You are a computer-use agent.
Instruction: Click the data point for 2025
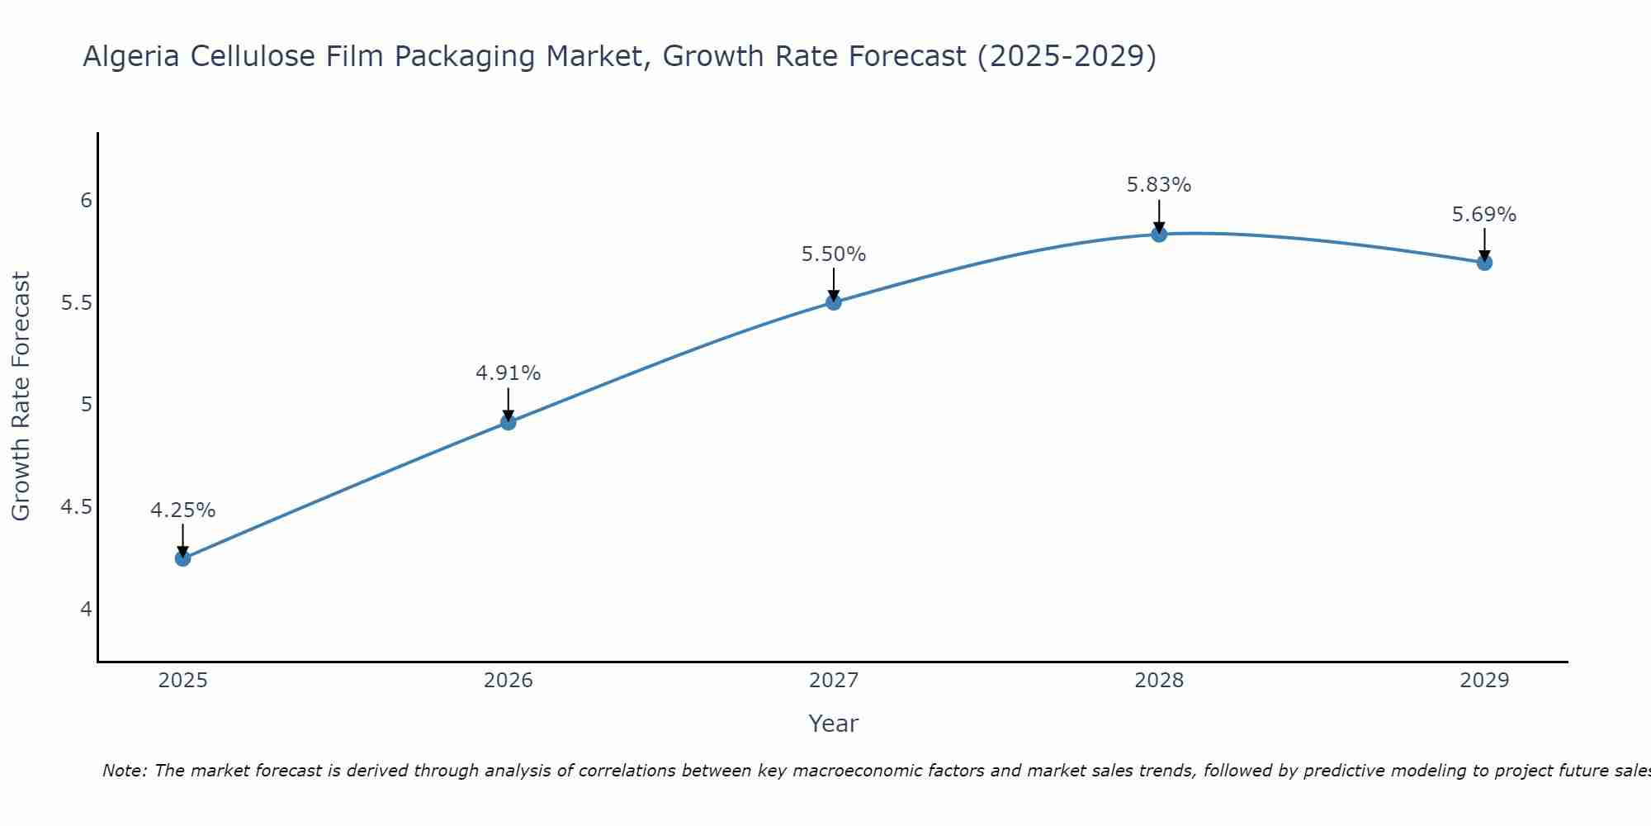click(x=183, y=558)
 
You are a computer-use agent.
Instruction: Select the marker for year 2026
click(x=509, y=422)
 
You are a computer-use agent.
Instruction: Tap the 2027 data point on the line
click(x=834, y=302)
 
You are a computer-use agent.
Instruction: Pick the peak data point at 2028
click(x=1159, y=235)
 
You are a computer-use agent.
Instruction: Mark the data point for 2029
click(x=1484, y=263)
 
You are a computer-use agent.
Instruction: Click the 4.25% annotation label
click(x=183, y=510)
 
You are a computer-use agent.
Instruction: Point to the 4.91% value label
click(x=509, y=373)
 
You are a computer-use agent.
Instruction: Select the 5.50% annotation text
click(x=834, y=254)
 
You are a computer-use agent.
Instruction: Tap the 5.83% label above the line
click(x=1159, y=185)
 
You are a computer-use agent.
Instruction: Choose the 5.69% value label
click(x=1484, y=215)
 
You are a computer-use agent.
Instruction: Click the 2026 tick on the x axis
click(x=509, y=681)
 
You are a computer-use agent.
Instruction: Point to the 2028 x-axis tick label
click(x=1159, y=681)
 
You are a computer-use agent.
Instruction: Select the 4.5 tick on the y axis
click(x=76, y=507)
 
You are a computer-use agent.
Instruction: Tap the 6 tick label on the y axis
click(x=86, y=201)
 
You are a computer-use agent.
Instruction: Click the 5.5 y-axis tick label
click(x=76, y=303)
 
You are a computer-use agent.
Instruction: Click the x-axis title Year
click(x=834, y=724)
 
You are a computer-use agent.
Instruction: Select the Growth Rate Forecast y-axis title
click(x=21, y=396)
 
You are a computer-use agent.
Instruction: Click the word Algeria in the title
click(x=132, y=56)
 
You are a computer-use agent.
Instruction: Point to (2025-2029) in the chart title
click(x=1067, y=56)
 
